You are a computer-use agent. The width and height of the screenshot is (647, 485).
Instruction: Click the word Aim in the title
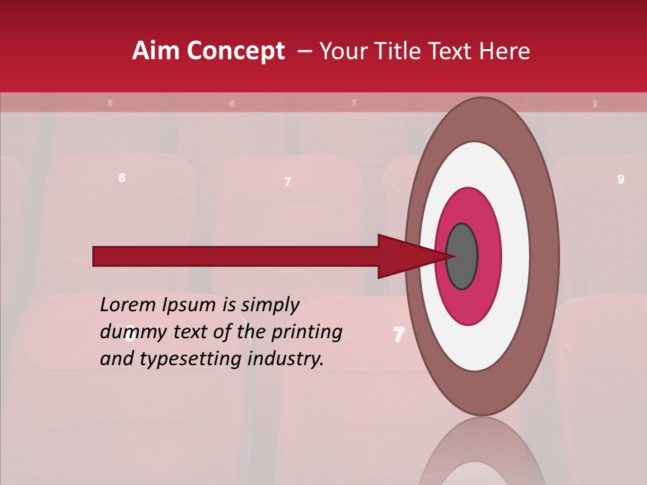[156, 51]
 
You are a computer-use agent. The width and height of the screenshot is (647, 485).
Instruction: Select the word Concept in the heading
[235, 52]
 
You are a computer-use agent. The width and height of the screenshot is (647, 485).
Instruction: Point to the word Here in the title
[504, 51]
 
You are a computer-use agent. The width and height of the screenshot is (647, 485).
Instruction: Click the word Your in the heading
[344, 51]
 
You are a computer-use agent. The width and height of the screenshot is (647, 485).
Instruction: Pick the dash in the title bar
[305, 52]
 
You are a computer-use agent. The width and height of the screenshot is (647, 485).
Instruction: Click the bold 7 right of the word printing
[398, 334]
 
